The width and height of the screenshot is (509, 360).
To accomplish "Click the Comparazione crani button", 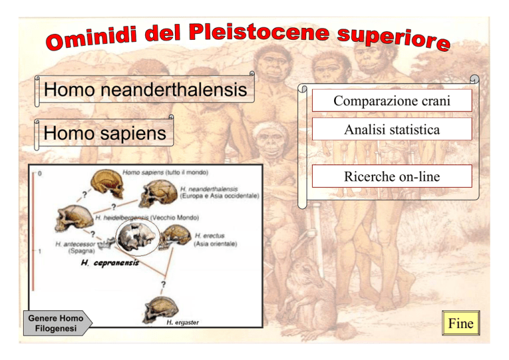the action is point(392,101).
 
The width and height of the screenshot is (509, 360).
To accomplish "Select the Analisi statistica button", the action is point(392,129).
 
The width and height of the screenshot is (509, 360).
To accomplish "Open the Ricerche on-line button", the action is point(392,176).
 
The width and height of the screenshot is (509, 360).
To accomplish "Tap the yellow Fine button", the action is point(461,323).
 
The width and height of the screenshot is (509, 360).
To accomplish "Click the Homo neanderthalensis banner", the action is point(144,90).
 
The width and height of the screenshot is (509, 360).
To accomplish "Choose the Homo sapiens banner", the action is point(104,133).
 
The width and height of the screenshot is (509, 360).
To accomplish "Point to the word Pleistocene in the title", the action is point(259,32).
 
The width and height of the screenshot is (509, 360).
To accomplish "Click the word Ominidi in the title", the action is point(91,38).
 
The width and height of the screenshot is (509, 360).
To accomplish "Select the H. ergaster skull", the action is point(161,310).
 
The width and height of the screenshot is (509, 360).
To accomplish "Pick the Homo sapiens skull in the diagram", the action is point(107,184).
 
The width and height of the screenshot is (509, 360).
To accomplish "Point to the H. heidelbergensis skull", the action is point(74,218).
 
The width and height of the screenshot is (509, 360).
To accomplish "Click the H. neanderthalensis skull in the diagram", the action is point(158,194).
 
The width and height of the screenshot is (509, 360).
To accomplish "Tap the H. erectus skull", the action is point(176,237).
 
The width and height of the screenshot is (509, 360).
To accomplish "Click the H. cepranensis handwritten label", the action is point(110,263).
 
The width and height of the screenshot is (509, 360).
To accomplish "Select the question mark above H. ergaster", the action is point(163,284).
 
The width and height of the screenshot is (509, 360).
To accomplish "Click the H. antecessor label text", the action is point(76,247).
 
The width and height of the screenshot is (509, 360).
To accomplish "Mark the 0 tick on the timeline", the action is point(40,174).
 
